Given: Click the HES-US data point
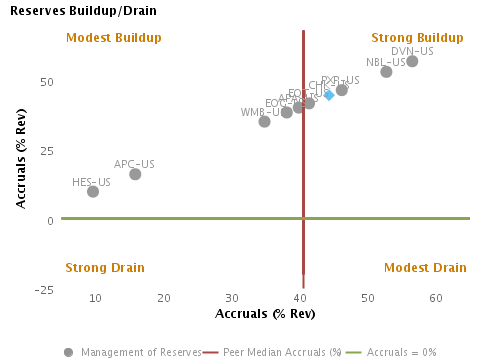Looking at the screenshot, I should pyautogui.click(x=93, y=191).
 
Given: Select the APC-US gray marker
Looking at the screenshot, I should pyautogui.click(x=135, y=174).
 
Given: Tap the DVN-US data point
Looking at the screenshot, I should pyautogui.click(x=412, y=61).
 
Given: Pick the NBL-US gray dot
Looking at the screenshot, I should pyautogui.click(x=386, y=72).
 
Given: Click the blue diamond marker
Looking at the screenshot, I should pyautogui.click(x=329, y=94).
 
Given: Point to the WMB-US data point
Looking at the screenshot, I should pyautogui.click(x=264, y=121).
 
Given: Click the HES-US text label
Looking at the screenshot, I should pyautogui.click(x=92, y=182).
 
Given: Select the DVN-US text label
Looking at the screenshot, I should pyautogui.click(x=412, y=51).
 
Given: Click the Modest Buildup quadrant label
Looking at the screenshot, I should pyautogui.click(x=113, y=38).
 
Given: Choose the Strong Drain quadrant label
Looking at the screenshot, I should pyautogui.click(x=105, y=267).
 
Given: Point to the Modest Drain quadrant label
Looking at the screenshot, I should pyautogui.click(x=425, y=267).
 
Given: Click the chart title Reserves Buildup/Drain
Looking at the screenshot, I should pyautogui.click(x=74, y=10).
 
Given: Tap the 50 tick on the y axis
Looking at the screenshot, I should pyautogui.click(x=46, y=81).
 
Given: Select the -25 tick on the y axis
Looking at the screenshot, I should pyautogui.click(x=43, y=290).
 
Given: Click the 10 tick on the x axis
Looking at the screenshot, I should pyautogui.click(x=95, y=298).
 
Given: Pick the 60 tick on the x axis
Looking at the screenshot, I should pyautogui.click(x=436, y=298).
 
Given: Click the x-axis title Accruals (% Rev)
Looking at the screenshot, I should pyautogui.click(x=265, y=314).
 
